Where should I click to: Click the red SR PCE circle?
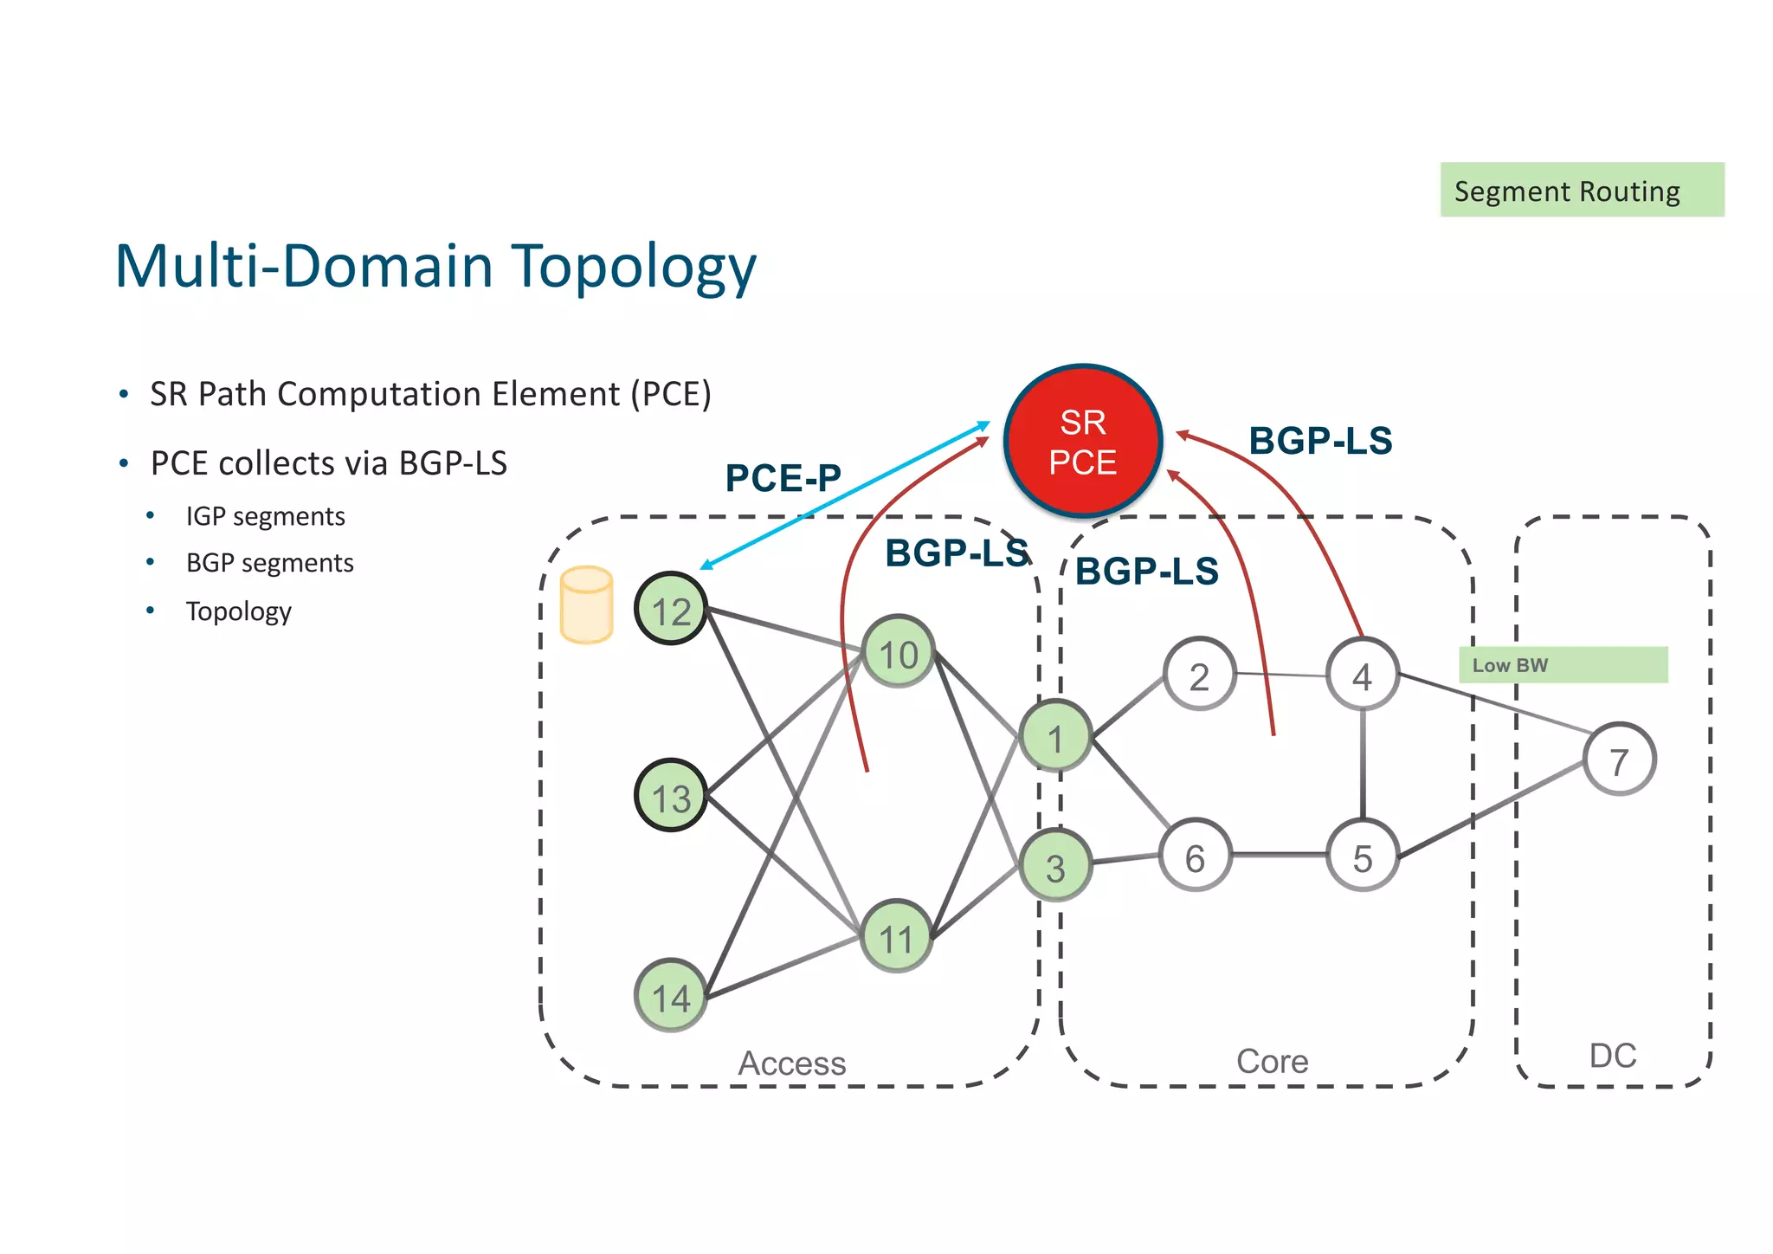tap(1082, 442)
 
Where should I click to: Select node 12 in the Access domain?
tap(671, 609)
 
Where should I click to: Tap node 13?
tap(671, 796)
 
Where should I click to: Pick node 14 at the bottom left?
tap(671, 996)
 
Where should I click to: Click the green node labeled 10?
tap(898, 652)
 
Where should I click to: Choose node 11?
tap(896, 936)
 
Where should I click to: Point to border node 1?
tap(1054, 737)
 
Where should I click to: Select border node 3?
tap(1054, 866)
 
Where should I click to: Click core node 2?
tap(1199, 675)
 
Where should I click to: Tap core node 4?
tap(1362, 675)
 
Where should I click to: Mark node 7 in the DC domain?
tap(1619, 760)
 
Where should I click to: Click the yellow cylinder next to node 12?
tap(587, 605)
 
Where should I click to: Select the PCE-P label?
tap(783, 478)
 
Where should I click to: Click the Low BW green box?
tap(1563, 665)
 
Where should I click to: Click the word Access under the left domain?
tap(791, 1063)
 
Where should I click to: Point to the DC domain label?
tap(1613, 1056)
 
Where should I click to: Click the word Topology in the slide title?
tap(634, 267)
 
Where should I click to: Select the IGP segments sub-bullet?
tap(265, 516)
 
